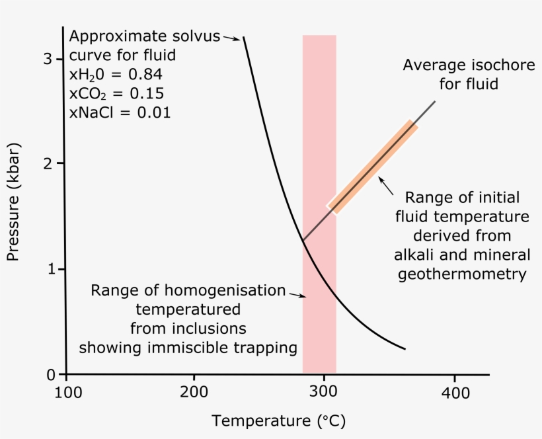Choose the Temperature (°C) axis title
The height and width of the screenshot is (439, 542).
[278, 420]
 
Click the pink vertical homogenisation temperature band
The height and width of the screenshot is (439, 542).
[319, 132]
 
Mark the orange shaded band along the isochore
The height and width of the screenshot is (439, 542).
[373, 167]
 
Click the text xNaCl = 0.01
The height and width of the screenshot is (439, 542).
[120, 112]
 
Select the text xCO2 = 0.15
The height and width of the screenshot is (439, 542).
[116, 93]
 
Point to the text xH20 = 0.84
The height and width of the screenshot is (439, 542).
[116, 74]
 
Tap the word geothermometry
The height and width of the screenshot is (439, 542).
[462, 274]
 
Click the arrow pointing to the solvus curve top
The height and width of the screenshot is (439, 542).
[231, 38]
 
